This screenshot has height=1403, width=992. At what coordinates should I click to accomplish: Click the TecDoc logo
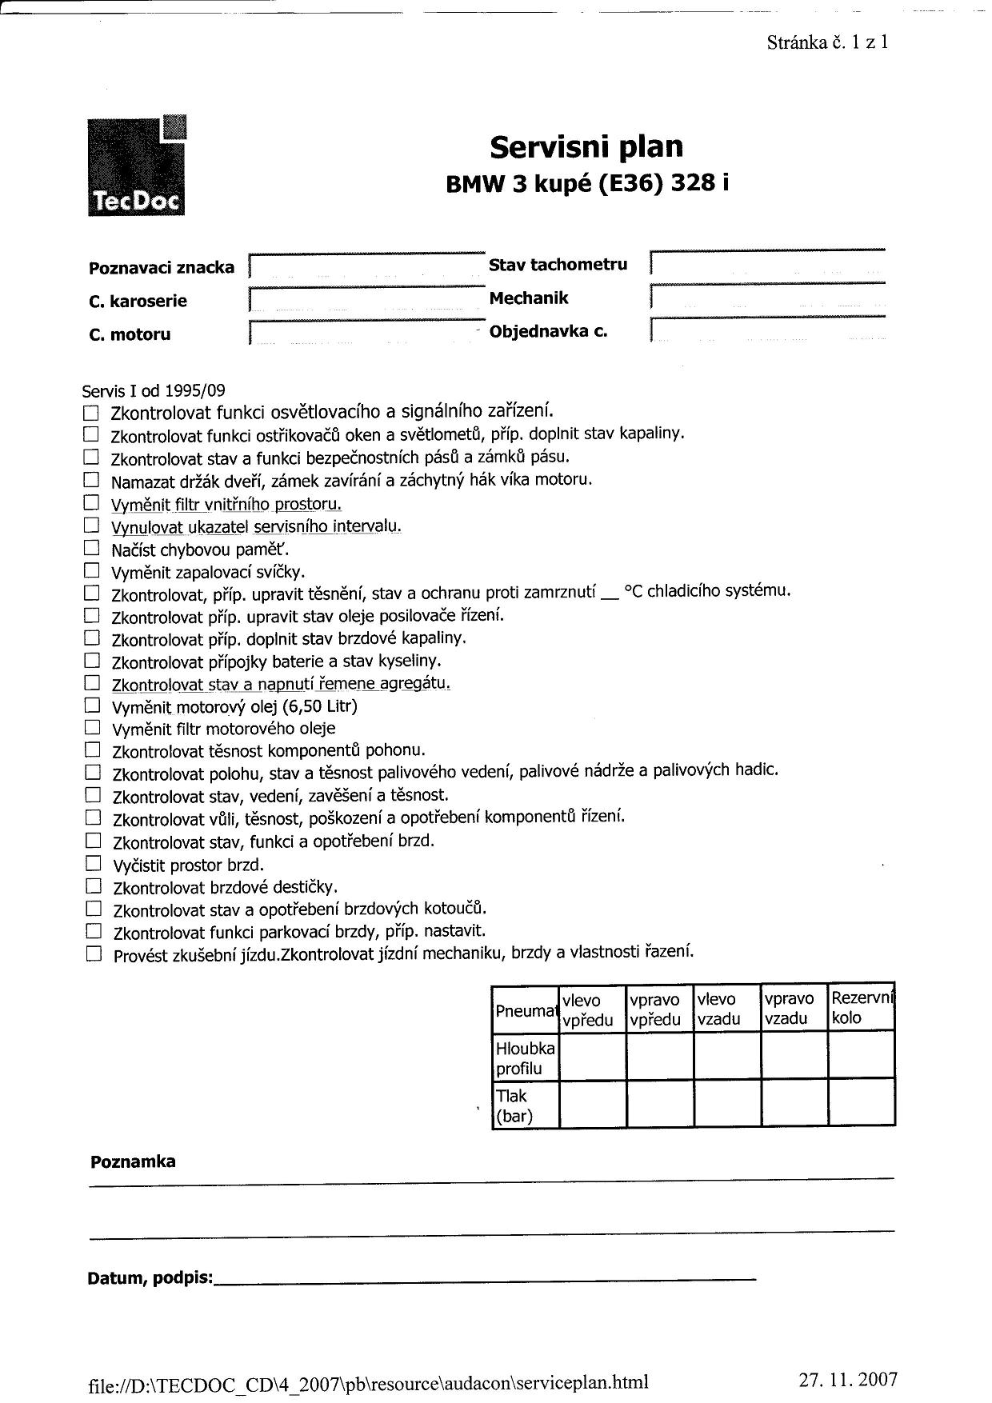tap(137, 166)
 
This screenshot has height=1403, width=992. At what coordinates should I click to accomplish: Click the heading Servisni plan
tap(586, 146)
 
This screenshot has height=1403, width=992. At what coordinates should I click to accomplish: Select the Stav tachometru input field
tap(768, 264)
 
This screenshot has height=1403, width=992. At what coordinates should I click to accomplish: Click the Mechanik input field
tap(768, 298)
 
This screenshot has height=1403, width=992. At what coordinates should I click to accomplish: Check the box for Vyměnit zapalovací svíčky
tap(92, 571)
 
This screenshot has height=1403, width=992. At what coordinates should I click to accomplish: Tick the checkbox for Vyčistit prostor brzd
tap(94, 863)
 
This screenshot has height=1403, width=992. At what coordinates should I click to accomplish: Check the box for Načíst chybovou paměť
tap(92, 549)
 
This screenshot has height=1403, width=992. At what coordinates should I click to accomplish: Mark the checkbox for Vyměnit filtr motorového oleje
tap(93, 728)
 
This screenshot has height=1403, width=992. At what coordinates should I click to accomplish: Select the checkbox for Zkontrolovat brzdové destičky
tap(94, 885)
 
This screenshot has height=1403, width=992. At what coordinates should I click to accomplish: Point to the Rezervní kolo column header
tap(862, 1008)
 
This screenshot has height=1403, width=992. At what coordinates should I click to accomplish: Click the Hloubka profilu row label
tap(525, 1057)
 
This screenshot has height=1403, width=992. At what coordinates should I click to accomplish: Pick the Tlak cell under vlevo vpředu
tap(592, 1105)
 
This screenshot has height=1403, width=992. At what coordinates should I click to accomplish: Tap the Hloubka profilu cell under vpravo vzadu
tap(794, 1057)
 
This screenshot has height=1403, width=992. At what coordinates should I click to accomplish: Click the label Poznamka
tap(133, 1161)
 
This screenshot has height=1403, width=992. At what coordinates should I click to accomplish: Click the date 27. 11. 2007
tap(847, 1380)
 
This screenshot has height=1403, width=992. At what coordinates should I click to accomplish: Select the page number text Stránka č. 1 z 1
tap(827, 42)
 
